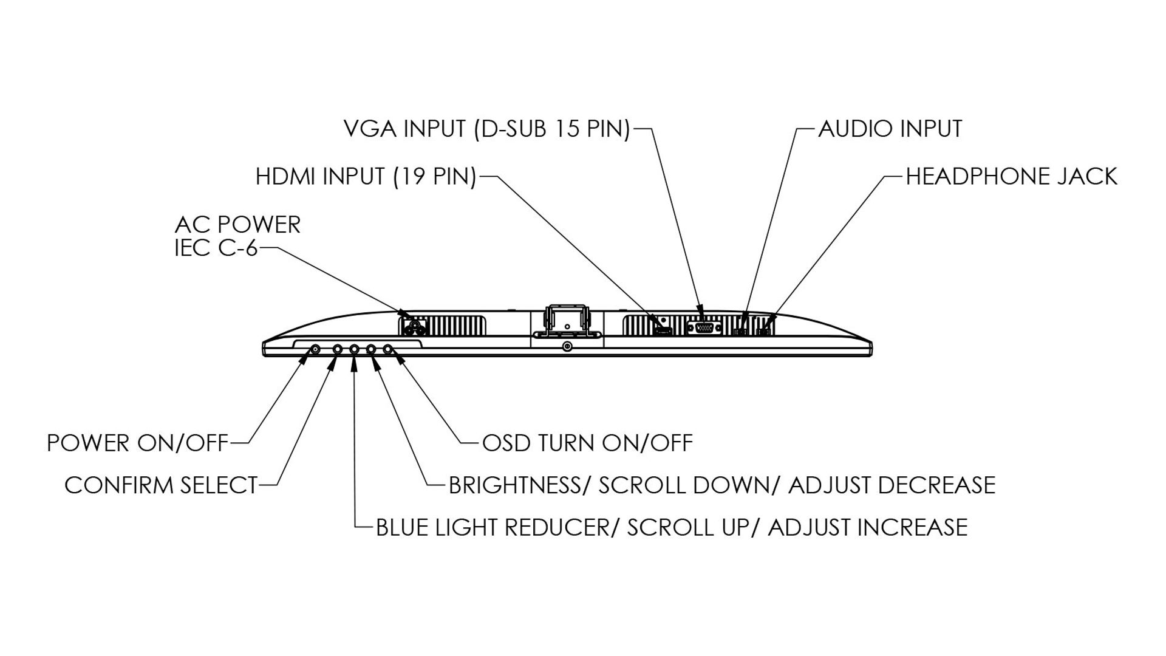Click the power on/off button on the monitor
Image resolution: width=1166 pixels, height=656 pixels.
coord(316,349)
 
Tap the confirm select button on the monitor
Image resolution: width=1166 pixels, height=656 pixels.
coord(338,349)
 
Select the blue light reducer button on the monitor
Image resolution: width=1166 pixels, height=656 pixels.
coord(354,349)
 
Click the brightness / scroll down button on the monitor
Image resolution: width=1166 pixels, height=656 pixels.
coord(370,349)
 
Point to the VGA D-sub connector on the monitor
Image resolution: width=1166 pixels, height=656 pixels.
coord(703,328)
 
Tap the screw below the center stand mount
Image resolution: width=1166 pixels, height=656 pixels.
coord(567,347)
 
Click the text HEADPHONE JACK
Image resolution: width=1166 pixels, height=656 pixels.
coord(1011,177)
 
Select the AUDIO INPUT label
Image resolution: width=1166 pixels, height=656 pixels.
coord(890,129)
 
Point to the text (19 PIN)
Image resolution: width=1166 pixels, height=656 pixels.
coord(435,177)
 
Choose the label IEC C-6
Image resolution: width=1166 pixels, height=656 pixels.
coord(216,248)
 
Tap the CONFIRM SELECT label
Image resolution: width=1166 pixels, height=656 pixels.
coord(161,485)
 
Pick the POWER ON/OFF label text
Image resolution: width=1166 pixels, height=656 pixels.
coord(137,443)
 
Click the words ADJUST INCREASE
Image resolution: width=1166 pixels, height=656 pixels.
coord(867,527)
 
